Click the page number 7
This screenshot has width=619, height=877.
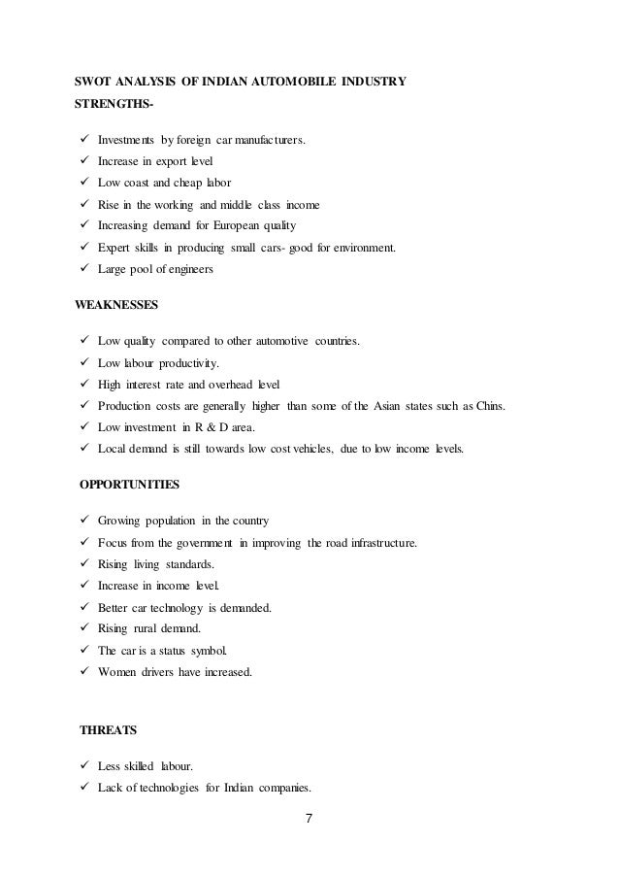(x=309, y=816)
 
